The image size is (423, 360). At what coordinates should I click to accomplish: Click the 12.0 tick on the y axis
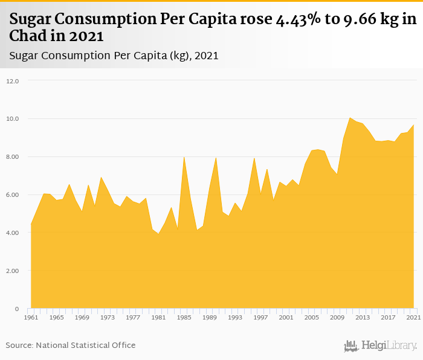(x=13, y=80)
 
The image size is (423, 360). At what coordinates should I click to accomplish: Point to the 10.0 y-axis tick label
(x=13, y=118)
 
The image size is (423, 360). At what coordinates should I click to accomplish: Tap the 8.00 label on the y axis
(x=13, y=156)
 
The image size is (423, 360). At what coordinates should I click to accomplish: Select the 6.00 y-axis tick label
(x=13, y=194)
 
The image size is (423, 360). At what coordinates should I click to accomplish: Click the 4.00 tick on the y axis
(x=13, y=233)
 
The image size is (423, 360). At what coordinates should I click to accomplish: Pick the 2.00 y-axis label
(x=13, y=271)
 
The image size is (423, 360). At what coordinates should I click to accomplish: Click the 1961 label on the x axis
(x=31, y=317)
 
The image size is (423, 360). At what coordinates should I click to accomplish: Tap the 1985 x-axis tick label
(x=184, y=317)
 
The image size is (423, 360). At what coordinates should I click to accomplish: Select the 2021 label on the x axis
(x=413, y=317)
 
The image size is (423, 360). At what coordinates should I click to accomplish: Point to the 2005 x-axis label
(x=312, y=317)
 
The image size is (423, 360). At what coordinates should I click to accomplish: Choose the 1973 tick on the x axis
(x=108, y=317)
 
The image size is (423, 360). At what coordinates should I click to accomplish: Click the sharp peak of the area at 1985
(x=184, y=156)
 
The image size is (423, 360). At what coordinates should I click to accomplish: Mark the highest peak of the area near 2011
(x=350, y=117)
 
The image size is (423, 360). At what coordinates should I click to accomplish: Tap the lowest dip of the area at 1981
(x=158, y=234)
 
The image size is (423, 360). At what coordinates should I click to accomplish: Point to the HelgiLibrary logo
(x=380, y=346)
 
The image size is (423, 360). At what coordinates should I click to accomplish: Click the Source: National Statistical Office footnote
(x=71, y=346)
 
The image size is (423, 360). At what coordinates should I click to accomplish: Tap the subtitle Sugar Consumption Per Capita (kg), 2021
(x=114, y=56)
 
